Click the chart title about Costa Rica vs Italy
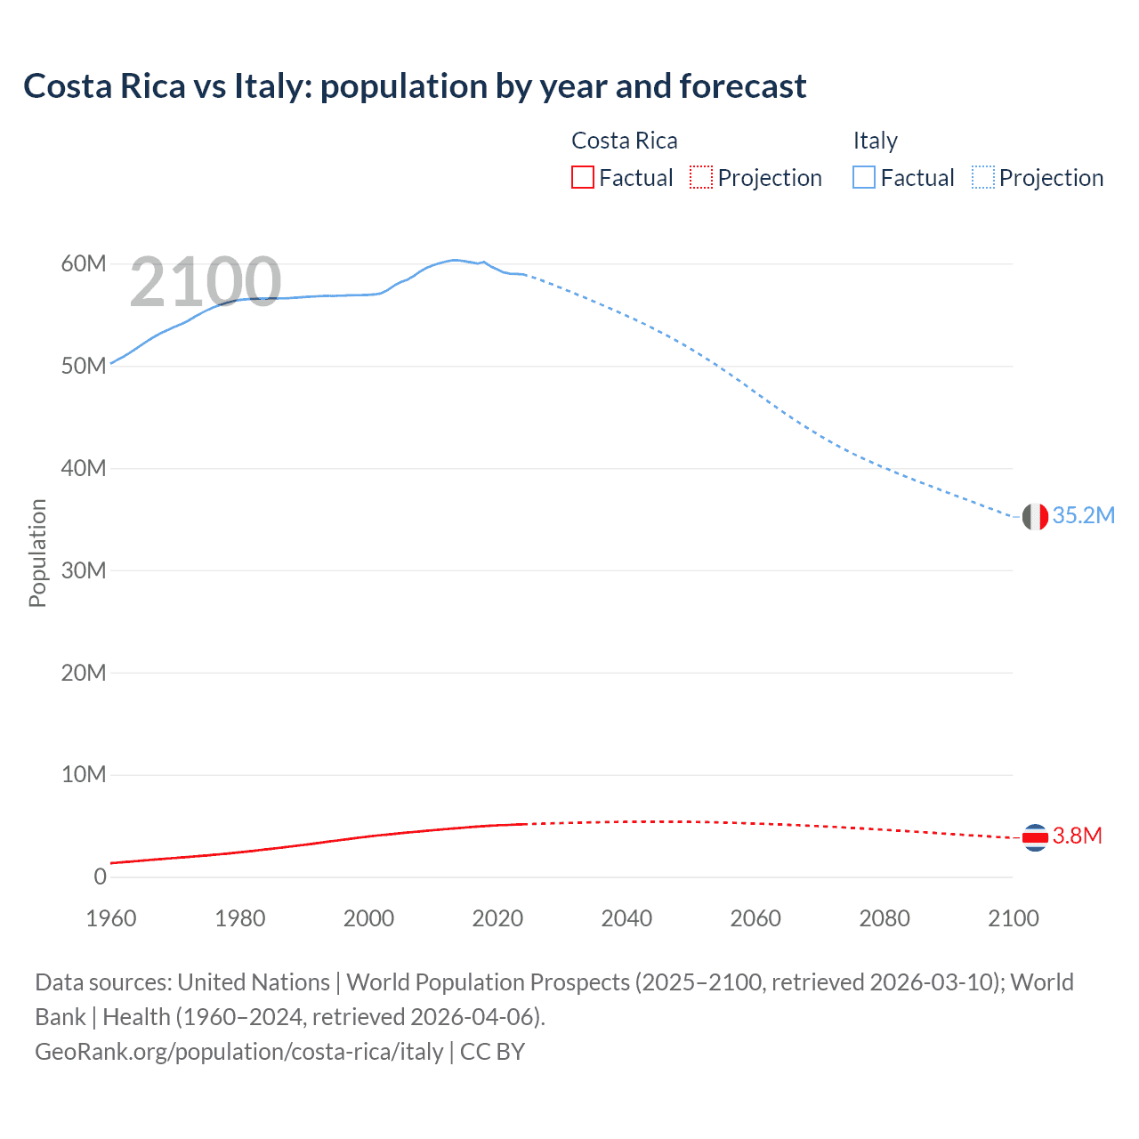coord(415,86)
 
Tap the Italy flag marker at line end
coord(1035,516)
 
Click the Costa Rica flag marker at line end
coord(1035,837)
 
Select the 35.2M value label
coord(1083,516)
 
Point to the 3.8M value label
coord(1077,836)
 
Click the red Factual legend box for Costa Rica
coord(582,178)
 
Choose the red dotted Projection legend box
coord(701,178)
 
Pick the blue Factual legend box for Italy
coord(864,178)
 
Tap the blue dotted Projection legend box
coord(983,178)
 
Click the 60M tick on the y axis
coord(84,264)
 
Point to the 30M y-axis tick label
coord(84,570)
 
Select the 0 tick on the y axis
coord(100,876)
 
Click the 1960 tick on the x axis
coord(111,918)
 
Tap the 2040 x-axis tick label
coord(626,918)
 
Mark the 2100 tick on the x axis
coord(1013,918)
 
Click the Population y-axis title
coord(37,553)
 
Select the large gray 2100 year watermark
coord(206,282)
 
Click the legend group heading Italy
coord(875,141)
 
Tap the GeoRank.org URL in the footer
coord(238,1052)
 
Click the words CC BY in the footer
coord(492,1052)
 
